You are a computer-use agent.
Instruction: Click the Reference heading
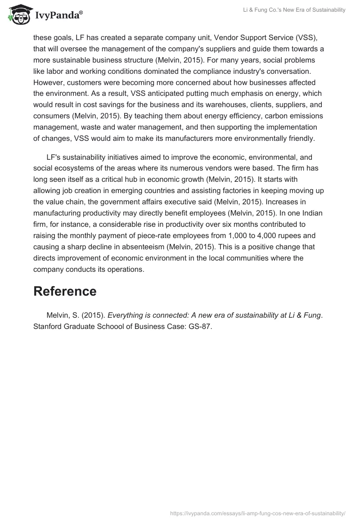[65, 291]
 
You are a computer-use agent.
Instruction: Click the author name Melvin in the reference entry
[58, 315]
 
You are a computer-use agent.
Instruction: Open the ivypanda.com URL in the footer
[258, 513]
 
